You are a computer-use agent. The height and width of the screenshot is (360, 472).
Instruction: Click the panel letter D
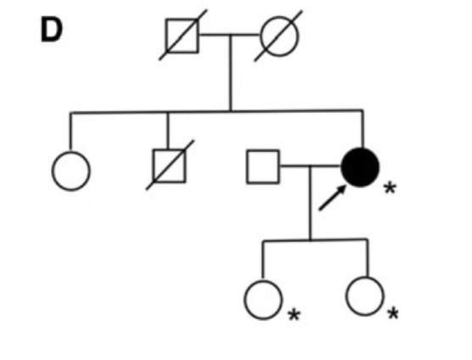pyautogui.click(x=52, y=31)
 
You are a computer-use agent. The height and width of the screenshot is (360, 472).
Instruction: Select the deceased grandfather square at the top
pyautogui.click(x=183, y=36)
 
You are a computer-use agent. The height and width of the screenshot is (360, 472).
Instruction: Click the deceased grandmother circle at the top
pyautogui.click(x=279, y=37)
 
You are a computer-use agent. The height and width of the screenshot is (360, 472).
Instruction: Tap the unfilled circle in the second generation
pyautogui.click(x=71, y=171)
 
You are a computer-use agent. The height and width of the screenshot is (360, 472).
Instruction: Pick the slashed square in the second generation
pyautogui.click(x=170, y=166)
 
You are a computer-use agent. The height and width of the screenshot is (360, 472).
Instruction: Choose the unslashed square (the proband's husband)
pyautogui.click(x=263, y=166)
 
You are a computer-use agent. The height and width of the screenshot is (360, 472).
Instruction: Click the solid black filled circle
pyautogui.click(x=360, y=167)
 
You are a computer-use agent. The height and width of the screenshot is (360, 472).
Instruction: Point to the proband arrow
pyautogui.click(x=332, y=198)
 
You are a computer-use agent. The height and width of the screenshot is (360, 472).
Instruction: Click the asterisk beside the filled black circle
pyautogui.click(x=391, y=188)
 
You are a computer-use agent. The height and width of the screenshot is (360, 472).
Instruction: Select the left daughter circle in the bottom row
pyautogui.click(x=263, y=300)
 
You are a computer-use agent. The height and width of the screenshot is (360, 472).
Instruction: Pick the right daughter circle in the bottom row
pyautogui.click(x=365, y=296)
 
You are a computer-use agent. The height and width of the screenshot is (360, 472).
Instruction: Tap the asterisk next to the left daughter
pyautogui.click(x=294, y=315)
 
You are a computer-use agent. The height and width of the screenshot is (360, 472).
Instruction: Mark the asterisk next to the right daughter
pyautogui.click(x=393, y=313)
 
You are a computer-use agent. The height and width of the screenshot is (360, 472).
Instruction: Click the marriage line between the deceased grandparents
pyautogui.click(x=230, y=35)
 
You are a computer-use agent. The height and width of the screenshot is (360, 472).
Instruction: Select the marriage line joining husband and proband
pyautogui.click(x=311, y=166)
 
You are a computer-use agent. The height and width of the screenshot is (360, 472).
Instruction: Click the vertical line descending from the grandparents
pyautogui.click(x=231, y=73)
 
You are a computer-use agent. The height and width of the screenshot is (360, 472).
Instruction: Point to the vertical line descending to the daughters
pyautogui.click(x=311, y=203)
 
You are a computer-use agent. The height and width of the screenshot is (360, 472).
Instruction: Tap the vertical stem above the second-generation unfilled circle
pyautogui.click(x=70, y=132)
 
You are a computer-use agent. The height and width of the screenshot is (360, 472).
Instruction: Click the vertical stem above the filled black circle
pyautogui.click(x=362, y=129)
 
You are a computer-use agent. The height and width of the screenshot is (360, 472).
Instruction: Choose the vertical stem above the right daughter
pyautogui.click(x=367, y=258)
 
